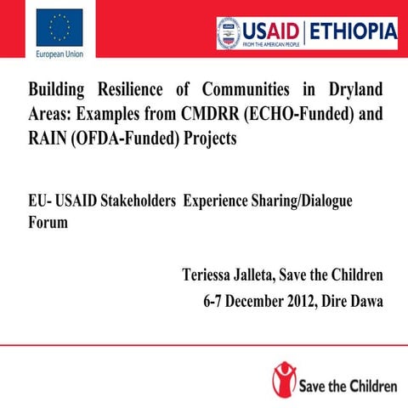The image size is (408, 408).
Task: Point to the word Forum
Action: coord(48,223)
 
